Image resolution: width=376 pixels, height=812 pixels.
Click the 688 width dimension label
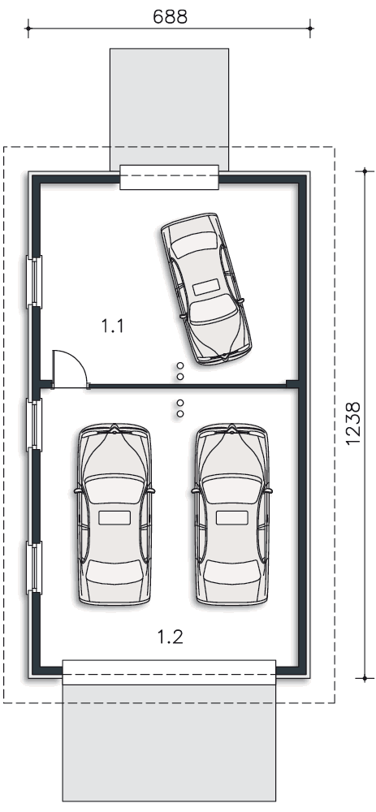point(170,16)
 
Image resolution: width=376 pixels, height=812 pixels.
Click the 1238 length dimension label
point(352,423)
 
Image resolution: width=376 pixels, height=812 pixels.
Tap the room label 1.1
point(112,326)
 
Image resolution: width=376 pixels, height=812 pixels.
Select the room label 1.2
point(171,637)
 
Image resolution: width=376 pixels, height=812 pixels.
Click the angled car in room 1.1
point(206,288)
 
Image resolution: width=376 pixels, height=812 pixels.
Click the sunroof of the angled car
point(206,287)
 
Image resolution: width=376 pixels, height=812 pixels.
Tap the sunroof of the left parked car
point(115,517)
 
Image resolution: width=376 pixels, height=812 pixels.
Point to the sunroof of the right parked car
point(232,517)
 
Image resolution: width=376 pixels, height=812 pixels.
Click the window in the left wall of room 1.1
point(34,282)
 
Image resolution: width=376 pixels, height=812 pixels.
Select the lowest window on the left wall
point(34,568)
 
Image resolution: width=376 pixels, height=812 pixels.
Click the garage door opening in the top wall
point(170,177)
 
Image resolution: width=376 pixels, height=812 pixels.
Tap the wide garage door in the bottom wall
point(170,672)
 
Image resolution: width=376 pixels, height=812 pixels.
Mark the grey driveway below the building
point(170,743)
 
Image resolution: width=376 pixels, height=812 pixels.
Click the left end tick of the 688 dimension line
point(28,28)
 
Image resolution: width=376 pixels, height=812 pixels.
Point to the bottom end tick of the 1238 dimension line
point(365,678)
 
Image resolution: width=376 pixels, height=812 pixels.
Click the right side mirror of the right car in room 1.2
point(269,490)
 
